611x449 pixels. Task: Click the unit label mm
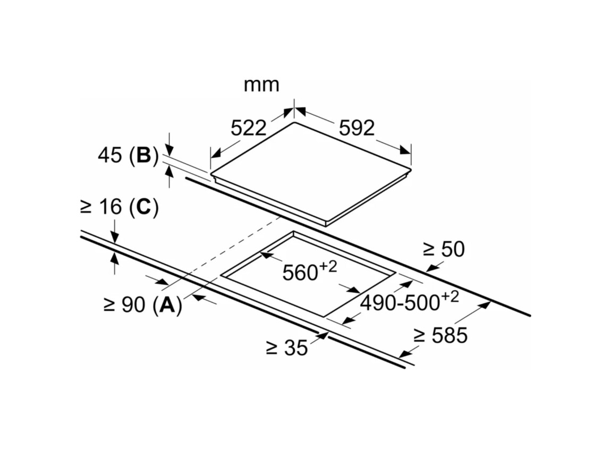(261, 84)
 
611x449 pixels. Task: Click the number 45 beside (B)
(110, 155)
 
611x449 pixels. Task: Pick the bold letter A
(167, 305)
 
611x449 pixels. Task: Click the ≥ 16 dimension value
(100, 207)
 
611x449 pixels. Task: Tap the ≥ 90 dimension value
(126, 305)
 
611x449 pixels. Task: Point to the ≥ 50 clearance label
(443, 249)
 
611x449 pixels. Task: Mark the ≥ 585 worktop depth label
(440, 335)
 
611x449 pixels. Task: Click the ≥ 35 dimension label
(287, 348)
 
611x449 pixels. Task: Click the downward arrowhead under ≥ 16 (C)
(115, 239)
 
